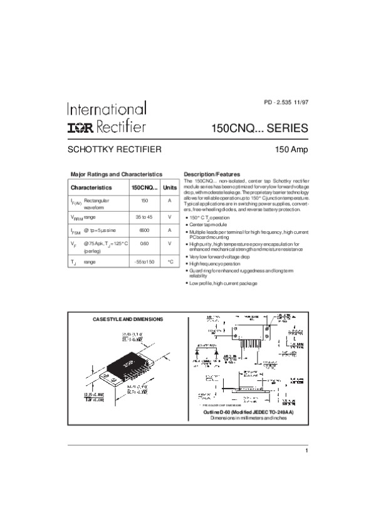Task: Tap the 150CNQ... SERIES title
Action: (x=261, y=128)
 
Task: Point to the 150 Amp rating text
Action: (x=291, y=150)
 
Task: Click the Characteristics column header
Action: (x=91, y=187)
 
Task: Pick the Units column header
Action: (x=169, y=187)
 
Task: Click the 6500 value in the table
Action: (x=144, y=230)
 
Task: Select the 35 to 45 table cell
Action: (x=144, y=216)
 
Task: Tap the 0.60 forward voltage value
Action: (x=144, y=243)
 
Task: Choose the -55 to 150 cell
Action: (x=144, y=261)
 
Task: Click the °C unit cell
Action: (x=169, y=261)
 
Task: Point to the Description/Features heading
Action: (x=211, y=174)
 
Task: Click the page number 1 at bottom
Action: (x=307, y=451)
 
